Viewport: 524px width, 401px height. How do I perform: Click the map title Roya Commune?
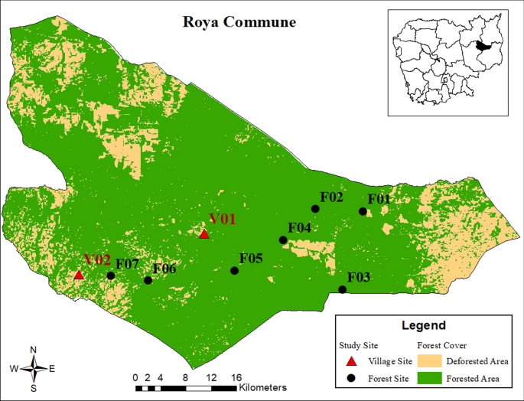pyautogui.click(x=239, y=21)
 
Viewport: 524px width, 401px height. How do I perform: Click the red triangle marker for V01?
pyautogui.click(x=204, y=234)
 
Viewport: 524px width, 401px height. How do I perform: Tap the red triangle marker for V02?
pyautogui.click(x=78, y=275)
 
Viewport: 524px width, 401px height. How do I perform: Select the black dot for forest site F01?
pyautogui.click(x=363, y=211)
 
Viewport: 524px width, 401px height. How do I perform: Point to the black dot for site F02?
pyautogui.click(x=314, y=209)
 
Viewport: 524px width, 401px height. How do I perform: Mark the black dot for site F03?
pyautogui.click(x=342, y=289)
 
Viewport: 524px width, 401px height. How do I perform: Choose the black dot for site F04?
pyautogui.click(x=283, y=240)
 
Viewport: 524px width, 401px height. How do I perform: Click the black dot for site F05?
pyautogui.click(x=234, y=270)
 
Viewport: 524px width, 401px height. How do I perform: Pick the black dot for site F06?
pyautogui.click(x=148, y=280)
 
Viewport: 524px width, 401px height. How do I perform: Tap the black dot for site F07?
pyautogui.click(x=111, y=275)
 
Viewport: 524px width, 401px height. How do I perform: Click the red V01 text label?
pyautogui.click(x=223, y=220)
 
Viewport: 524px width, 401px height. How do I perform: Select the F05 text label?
pyautogui.click(x=251, y=259)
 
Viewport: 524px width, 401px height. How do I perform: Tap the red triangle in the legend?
pyautogui.click(x=351, y=361)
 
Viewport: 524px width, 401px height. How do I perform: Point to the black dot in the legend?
pyautogui.click(x=351, y=378)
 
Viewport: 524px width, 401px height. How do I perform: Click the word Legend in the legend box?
pyautogui.click(x=424, y=325)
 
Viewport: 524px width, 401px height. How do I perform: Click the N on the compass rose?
pyautogui.click(x=33, y=350)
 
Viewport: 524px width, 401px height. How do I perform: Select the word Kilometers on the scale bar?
pyautogui.click(x=262, y=388)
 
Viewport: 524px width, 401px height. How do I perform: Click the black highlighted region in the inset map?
pyautogui.click(x=481, y=46)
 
